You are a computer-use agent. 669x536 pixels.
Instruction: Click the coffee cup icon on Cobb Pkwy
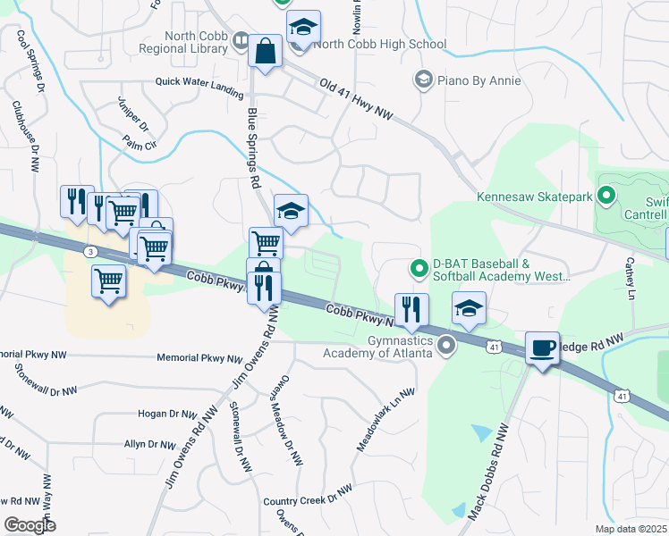coord(542,348)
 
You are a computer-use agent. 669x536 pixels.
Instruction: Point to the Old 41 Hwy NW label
coord(356,99)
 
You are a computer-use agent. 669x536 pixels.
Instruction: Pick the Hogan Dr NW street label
coord(167,415)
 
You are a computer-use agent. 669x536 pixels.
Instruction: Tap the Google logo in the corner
coord(30,524)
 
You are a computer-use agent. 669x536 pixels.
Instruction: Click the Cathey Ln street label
coord(630,279)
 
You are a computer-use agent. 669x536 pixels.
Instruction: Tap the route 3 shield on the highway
coord(90,252)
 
